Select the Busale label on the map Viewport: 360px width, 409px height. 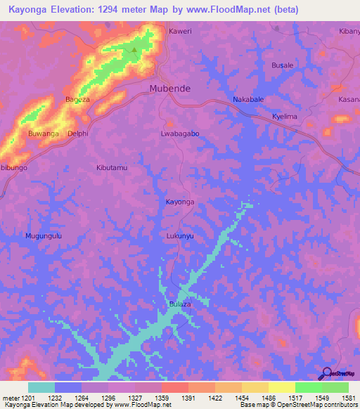(x=283, y=65)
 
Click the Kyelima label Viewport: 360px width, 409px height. (x=285, y=116)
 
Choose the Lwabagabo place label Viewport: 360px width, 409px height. (x=180, y=133)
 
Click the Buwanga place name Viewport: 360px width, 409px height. (x=43, y=133)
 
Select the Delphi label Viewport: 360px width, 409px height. (x=77, y=133)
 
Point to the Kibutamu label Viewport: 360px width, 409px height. (x=111, y=168)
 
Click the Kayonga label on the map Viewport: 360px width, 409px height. (x=179, y=202)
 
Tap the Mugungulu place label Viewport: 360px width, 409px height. (x=44, y=236)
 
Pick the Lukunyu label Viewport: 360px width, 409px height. (x=180, y=236)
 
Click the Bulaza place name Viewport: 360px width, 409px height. (x=180, y=304)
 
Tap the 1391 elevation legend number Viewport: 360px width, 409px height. (x=188, y=398)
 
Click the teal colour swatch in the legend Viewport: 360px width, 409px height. (x=41, y=387)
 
